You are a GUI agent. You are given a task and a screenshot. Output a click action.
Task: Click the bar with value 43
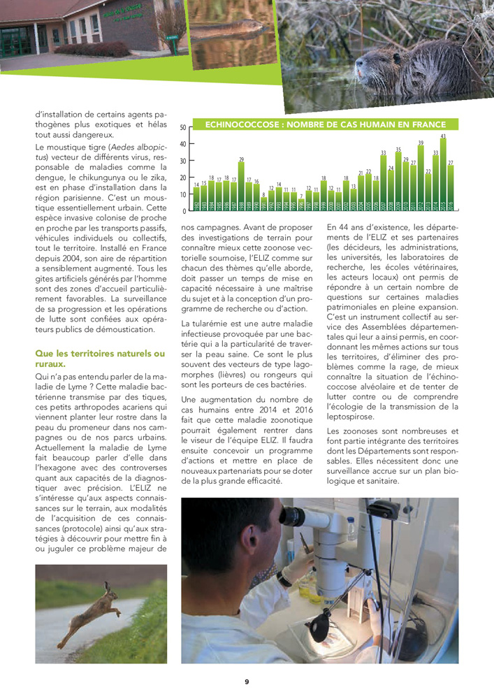click(x=443, y=175)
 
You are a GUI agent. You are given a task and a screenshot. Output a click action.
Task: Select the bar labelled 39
click(x=421, y=179)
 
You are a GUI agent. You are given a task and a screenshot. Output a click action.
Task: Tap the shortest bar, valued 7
click(x=301, y=206)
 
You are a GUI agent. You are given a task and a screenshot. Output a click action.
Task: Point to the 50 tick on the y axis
click(x=182, y=129)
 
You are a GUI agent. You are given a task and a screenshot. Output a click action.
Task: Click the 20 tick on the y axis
click(x=182, y=178)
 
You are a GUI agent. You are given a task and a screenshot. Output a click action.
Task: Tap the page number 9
click(x=247, y=682)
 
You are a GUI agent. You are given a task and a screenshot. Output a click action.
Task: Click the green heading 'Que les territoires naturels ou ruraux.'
click(x=100, y=359)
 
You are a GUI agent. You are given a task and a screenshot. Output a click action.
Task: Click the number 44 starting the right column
click(x=347, y=226)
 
